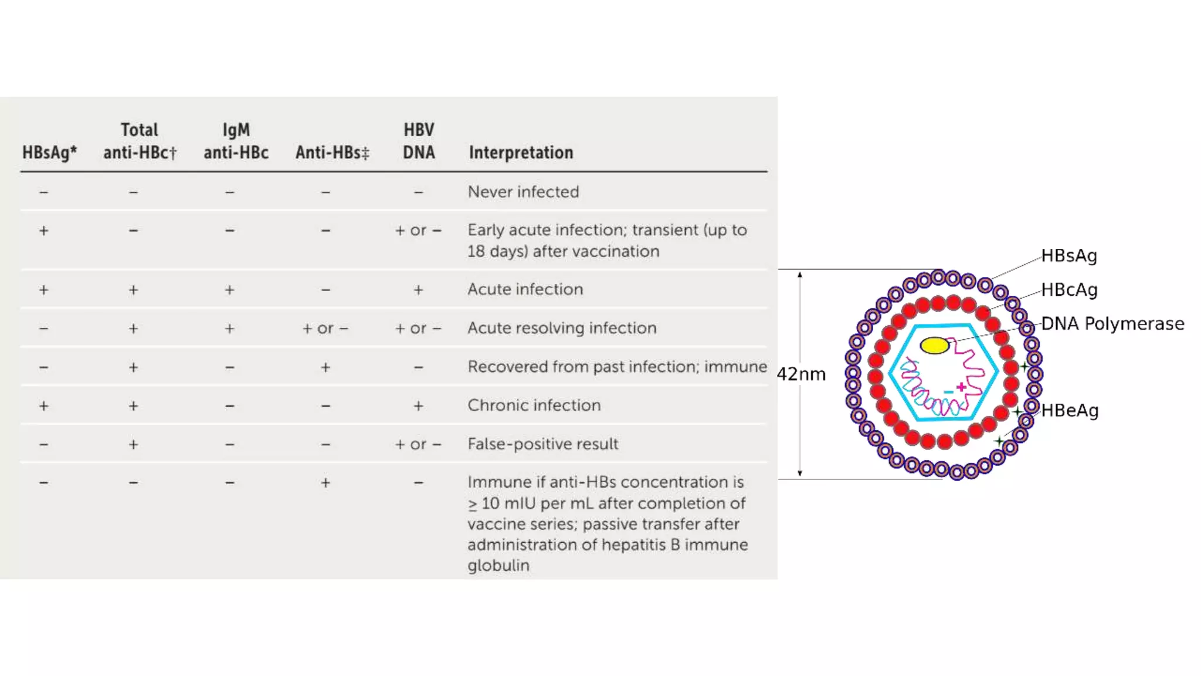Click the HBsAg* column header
(x=49, y=153)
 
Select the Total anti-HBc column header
(x=140, y=141)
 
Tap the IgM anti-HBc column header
(x=236, y=141)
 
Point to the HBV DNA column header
(x=419, y=141)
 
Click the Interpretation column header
(x=521, y=153)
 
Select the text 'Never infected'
(x=523, y=192)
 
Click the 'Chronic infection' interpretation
(x=534, y=405)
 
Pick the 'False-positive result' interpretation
(x=542, y=444)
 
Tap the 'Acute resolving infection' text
(x=562, y=328)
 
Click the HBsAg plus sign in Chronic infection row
(x=44, y=406)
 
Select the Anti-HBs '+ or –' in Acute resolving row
(x=325, y=329)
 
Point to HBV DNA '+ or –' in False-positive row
(x=418, y=445)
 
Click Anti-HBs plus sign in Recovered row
(x=325, y=367)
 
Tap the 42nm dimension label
(x=801, y=374)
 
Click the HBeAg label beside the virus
(x=1070, y=411)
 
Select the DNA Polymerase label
(x=1112, y=324)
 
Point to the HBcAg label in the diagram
(x=1069, y=290)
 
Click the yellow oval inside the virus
(x=934, y=346)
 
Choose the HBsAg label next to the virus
(x=1069, y=256)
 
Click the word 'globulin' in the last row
(x=498, y=566)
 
